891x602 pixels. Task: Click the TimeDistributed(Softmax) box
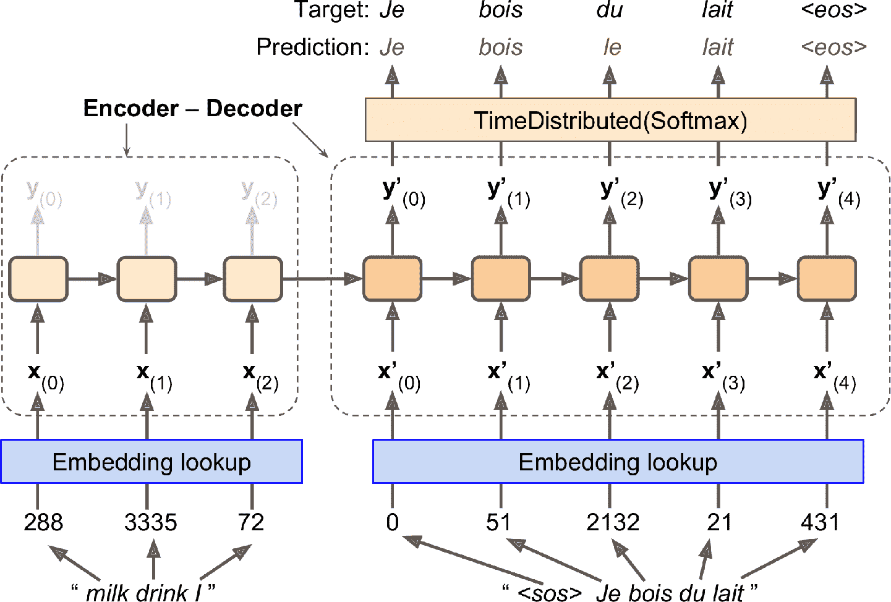tap(610, 120)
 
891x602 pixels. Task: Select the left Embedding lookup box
tap(151, 462)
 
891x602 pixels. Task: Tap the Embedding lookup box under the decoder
tap(618, 462)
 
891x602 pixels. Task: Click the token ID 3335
tap(150, 523)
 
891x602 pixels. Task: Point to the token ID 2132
tap(613, 523)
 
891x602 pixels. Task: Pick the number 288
tap(43, 523)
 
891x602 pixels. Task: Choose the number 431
tap(820, 523)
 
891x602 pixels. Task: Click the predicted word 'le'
tap(612, 48)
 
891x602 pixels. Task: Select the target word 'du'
tap(610, 11)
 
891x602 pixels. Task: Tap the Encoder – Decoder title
tap(192, 109)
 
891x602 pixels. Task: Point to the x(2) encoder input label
tap(260, 376)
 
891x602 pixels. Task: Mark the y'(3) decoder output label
tap(730, 192)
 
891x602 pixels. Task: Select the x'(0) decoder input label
tap(399, 376)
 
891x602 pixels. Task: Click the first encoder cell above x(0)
tap(38, 279)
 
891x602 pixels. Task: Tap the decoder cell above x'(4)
tap(827, 279)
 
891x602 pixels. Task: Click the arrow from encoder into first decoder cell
tap(322, 279)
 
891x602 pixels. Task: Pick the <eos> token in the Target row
tap(833, 11)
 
